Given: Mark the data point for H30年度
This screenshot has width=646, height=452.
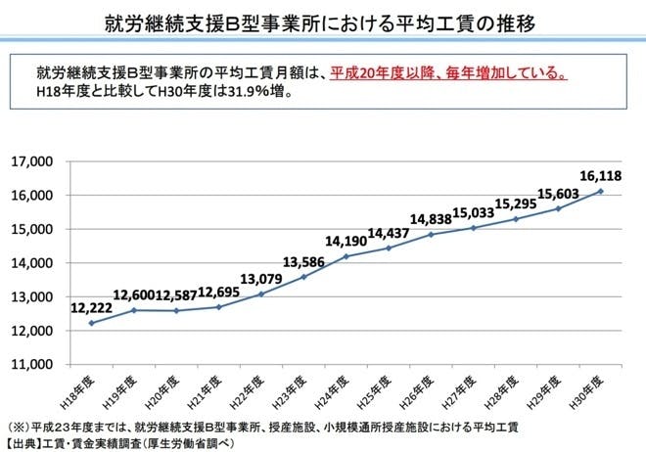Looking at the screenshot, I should tap(600, 191).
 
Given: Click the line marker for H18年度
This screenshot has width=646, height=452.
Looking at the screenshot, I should tap(92, 323).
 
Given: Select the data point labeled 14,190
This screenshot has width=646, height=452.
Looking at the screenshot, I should tap(346, 256).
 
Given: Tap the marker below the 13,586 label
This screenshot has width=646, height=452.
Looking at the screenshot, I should tap(303, 277).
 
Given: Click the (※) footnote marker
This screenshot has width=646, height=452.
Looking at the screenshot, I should tap(18, 428).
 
